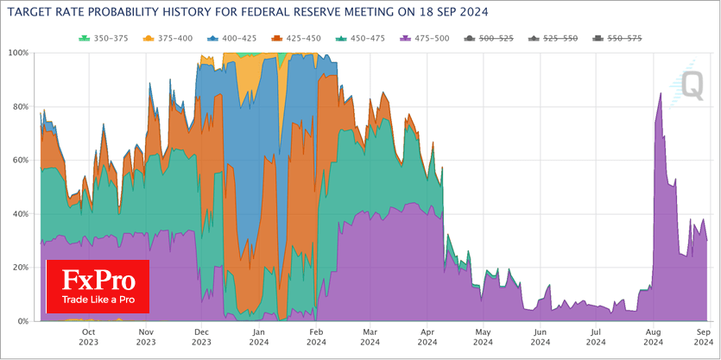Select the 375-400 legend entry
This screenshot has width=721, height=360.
click(167, 39)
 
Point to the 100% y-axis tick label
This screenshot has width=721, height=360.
click(17, 53)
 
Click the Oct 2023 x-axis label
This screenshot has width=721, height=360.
click(88, 336)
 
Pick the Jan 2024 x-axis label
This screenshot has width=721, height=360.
click(257, 336)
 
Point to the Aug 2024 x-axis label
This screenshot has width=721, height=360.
click(653, 336)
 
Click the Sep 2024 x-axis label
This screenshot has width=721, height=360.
click(703, 336)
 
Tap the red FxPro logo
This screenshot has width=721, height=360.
click(98, 287)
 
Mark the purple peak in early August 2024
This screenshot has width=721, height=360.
click(661, 93)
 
